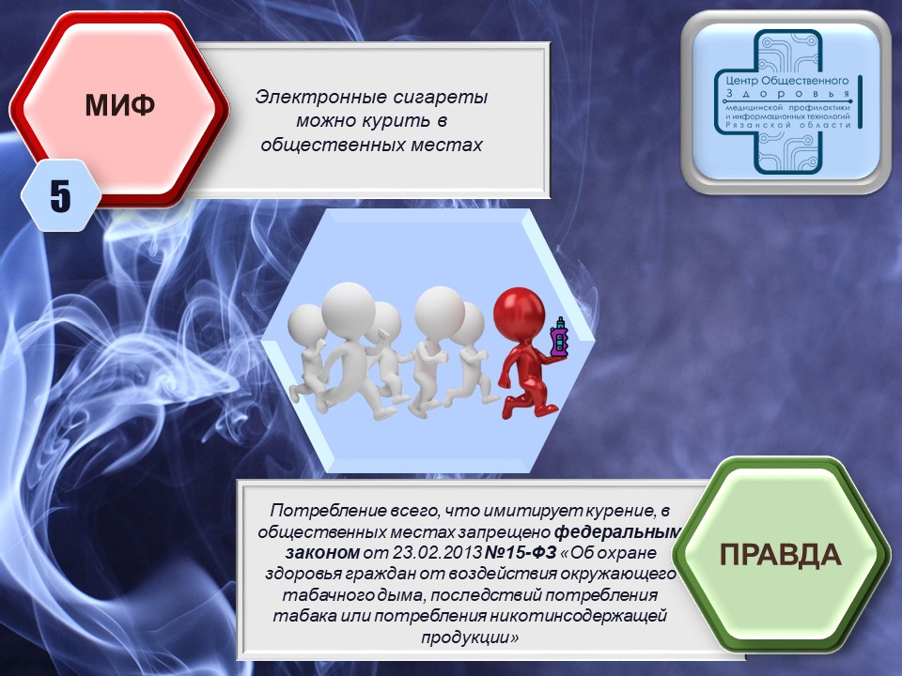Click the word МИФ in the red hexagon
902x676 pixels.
pos(119,105)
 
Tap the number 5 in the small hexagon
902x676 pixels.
pos(60,195)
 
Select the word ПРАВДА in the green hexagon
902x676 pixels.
pos(781,555)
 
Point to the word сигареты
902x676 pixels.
pos(441,97)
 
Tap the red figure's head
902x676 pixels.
pos(519,314)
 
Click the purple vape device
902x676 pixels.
pos(559,337)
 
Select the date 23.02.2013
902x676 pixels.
pos(437,553)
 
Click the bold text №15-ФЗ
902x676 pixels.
pos(521,553)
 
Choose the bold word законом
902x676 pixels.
pos(322,553)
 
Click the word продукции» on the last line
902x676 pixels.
pos(470,638)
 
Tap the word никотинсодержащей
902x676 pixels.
pos(577,616)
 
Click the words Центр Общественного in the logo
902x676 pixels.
pos(787,81)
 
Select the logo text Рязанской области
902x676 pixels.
pos(788,125)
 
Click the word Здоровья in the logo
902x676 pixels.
pos(788,94)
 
